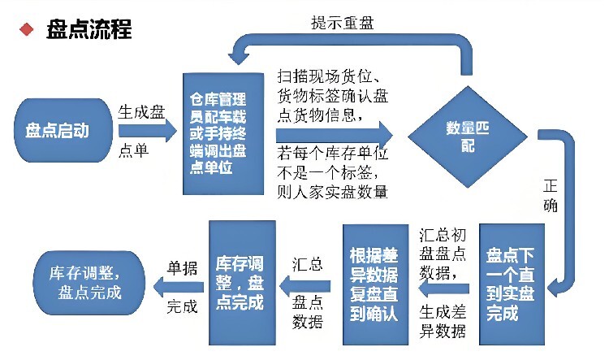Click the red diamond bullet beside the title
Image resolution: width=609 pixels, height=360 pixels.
click(x=27, y=29)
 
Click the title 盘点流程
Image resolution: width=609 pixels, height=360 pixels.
click(x=89, y=29)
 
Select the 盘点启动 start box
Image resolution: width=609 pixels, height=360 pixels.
click(x=63, y=130)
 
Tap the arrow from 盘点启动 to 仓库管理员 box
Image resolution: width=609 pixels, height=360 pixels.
click(x=148, y=130)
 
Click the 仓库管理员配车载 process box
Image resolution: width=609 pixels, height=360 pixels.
click(x=223, y=133)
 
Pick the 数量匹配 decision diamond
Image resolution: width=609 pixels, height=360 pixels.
click(x=468, y=137)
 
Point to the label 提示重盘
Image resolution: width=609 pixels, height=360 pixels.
click(x=342, y=24)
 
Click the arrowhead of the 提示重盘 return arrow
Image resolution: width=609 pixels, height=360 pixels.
click(x=238, y=59)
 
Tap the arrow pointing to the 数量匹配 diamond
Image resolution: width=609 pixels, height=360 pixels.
click(x=335, y=135)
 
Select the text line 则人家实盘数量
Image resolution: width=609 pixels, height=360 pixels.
click(x=332, y=192)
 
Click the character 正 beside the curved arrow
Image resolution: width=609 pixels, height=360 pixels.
click(x=551, y=186)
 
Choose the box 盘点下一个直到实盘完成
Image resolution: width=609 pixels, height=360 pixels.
click(x=512, y=284)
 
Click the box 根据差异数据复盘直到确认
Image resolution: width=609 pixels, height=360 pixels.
click(x=376, y=284)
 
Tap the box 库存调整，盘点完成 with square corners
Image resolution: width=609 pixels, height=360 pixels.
click(x=242, y=283)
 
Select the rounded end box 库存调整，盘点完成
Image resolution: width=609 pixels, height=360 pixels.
click(x=89, y=283)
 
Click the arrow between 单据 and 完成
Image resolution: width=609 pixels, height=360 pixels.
click(x=179, y=288)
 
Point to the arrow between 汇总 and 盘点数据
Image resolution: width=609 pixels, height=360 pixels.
click(x=304, y=287)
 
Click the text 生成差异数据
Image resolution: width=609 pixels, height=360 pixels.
click(x=443, y=322)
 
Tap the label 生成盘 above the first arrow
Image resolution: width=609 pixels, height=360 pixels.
click(x=141, y=112)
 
